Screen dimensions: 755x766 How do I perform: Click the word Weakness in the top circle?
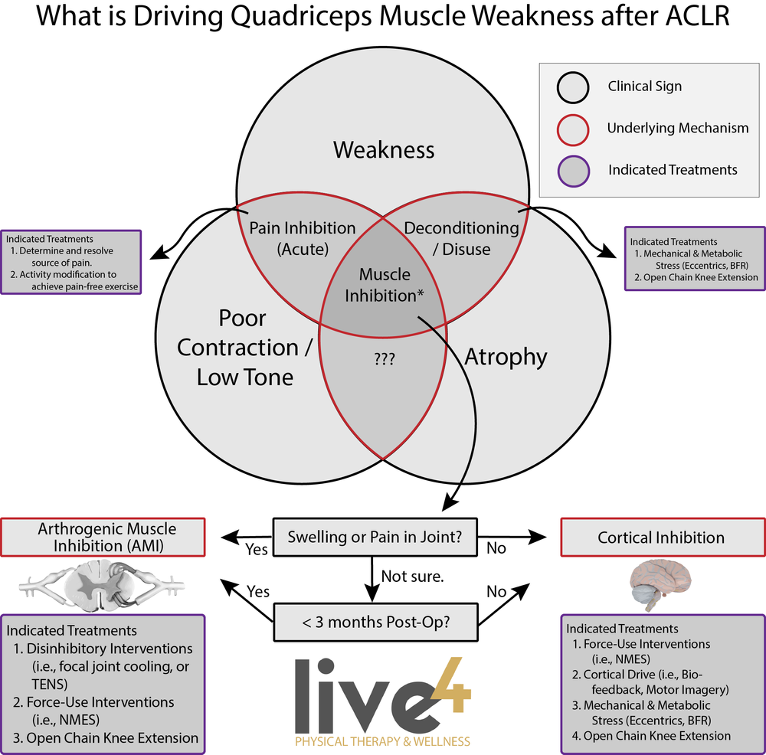[383, 149]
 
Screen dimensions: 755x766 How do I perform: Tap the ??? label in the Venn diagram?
[384, 358]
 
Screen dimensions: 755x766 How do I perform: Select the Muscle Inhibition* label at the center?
[385, 285]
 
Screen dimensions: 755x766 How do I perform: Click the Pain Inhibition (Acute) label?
[303, 238]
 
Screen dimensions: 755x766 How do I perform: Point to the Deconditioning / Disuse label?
[461, 238]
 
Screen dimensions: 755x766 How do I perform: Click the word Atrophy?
[506, 356]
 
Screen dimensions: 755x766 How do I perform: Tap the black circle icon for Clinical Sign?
[574, 87]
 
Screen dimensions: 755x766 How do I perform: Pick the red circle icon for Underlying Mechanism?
[574, 128]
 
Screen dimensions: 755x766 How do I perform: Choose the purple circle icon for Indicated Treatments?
[574, 169]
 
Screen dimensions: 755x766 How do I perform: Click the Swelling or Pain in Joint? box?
[375, 537]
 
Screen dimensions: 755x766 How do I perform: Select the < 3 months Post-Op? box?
[375, 621]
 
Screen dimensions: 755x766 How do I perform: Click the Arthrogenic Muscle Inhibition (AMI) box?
[107, 537]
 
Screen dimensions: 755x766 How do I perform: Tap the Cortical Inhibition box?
[661, 537]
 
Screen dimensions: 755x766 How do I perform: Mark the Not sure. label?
[412, 577]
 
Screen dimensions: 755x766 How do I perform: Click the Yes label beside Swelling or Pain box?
[257, 548]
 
